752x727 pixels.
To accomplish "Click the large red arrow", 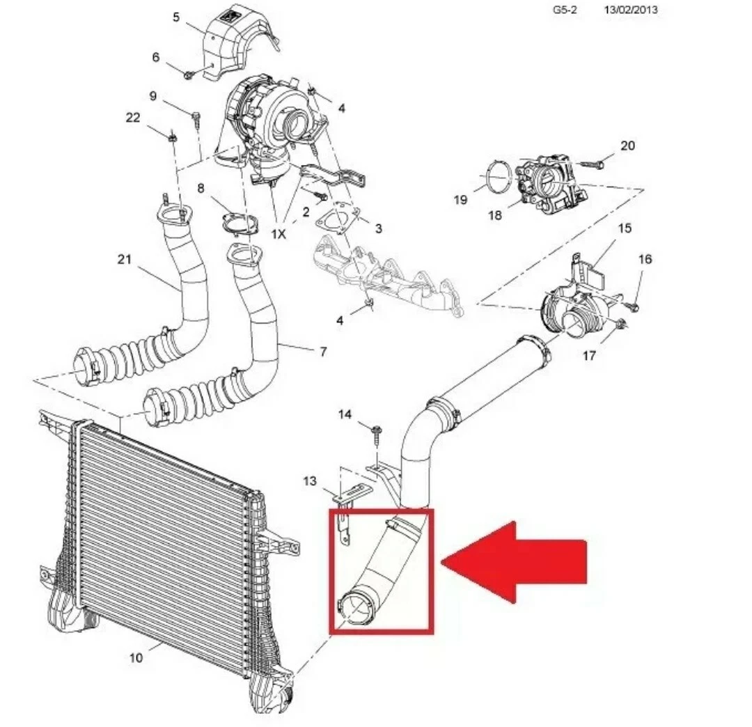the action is (x=513, y=561).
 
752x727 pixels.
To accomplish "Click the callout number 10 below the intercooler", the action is (x=136, y=657).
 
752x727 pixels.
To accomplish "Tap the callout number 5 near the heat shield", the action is (x=176, y=17).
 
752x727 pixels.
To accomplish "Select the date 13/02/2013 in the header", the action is (x=630, y=10).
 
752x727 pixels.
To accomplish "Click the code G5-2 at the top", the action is (x=565, y=10).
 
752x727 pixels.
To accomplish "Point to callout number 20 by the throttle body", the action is (x=628, y=146).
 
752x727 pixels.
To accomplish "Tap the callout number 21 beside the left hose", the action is (x=124, y=260).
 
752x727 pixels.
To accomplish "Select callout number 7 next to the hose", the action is (x=323, y=352).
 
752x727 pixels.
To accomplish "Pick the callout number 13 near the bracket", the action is (x=311, y=480).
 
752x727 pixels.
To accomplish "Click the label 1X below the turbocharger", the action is (x=279, y=234).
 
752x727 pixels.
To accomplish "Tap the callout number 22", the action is (x=133, y=118).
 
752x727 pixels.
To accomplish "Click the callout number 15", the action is (x=625, y=228).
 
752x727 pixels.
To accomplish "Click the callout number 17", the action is (x=590, y=356).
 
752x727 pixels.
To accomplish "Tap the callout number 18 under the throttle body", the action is (x=495, y=215).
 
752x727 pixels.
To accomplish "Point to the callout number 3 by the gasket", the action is (x=378, y=228).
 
